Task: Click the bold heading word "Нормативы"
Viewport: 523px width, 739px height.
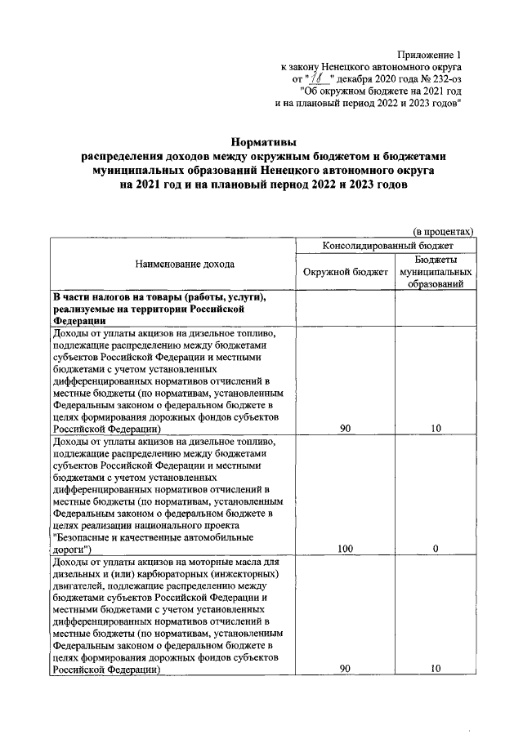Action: coord(261,143)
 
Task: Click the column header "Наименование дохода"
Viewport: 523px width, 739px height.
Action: coord(173,264)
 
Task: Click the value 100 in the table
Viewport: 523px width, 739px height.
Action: coord(345,549)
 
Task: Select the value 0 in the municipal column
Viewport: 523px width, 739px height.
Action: coord(436,549)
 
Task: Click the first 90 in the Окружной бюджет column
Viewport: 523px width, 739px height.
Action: coord(345,428)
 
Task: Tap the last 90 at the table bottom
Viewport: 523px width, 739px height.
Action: coord(345,669)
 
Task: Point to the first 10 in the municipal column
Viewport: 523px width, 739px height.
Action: coord(436,428)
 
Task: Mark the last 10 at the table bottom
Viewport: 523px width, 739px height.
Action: coord(436,669)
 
